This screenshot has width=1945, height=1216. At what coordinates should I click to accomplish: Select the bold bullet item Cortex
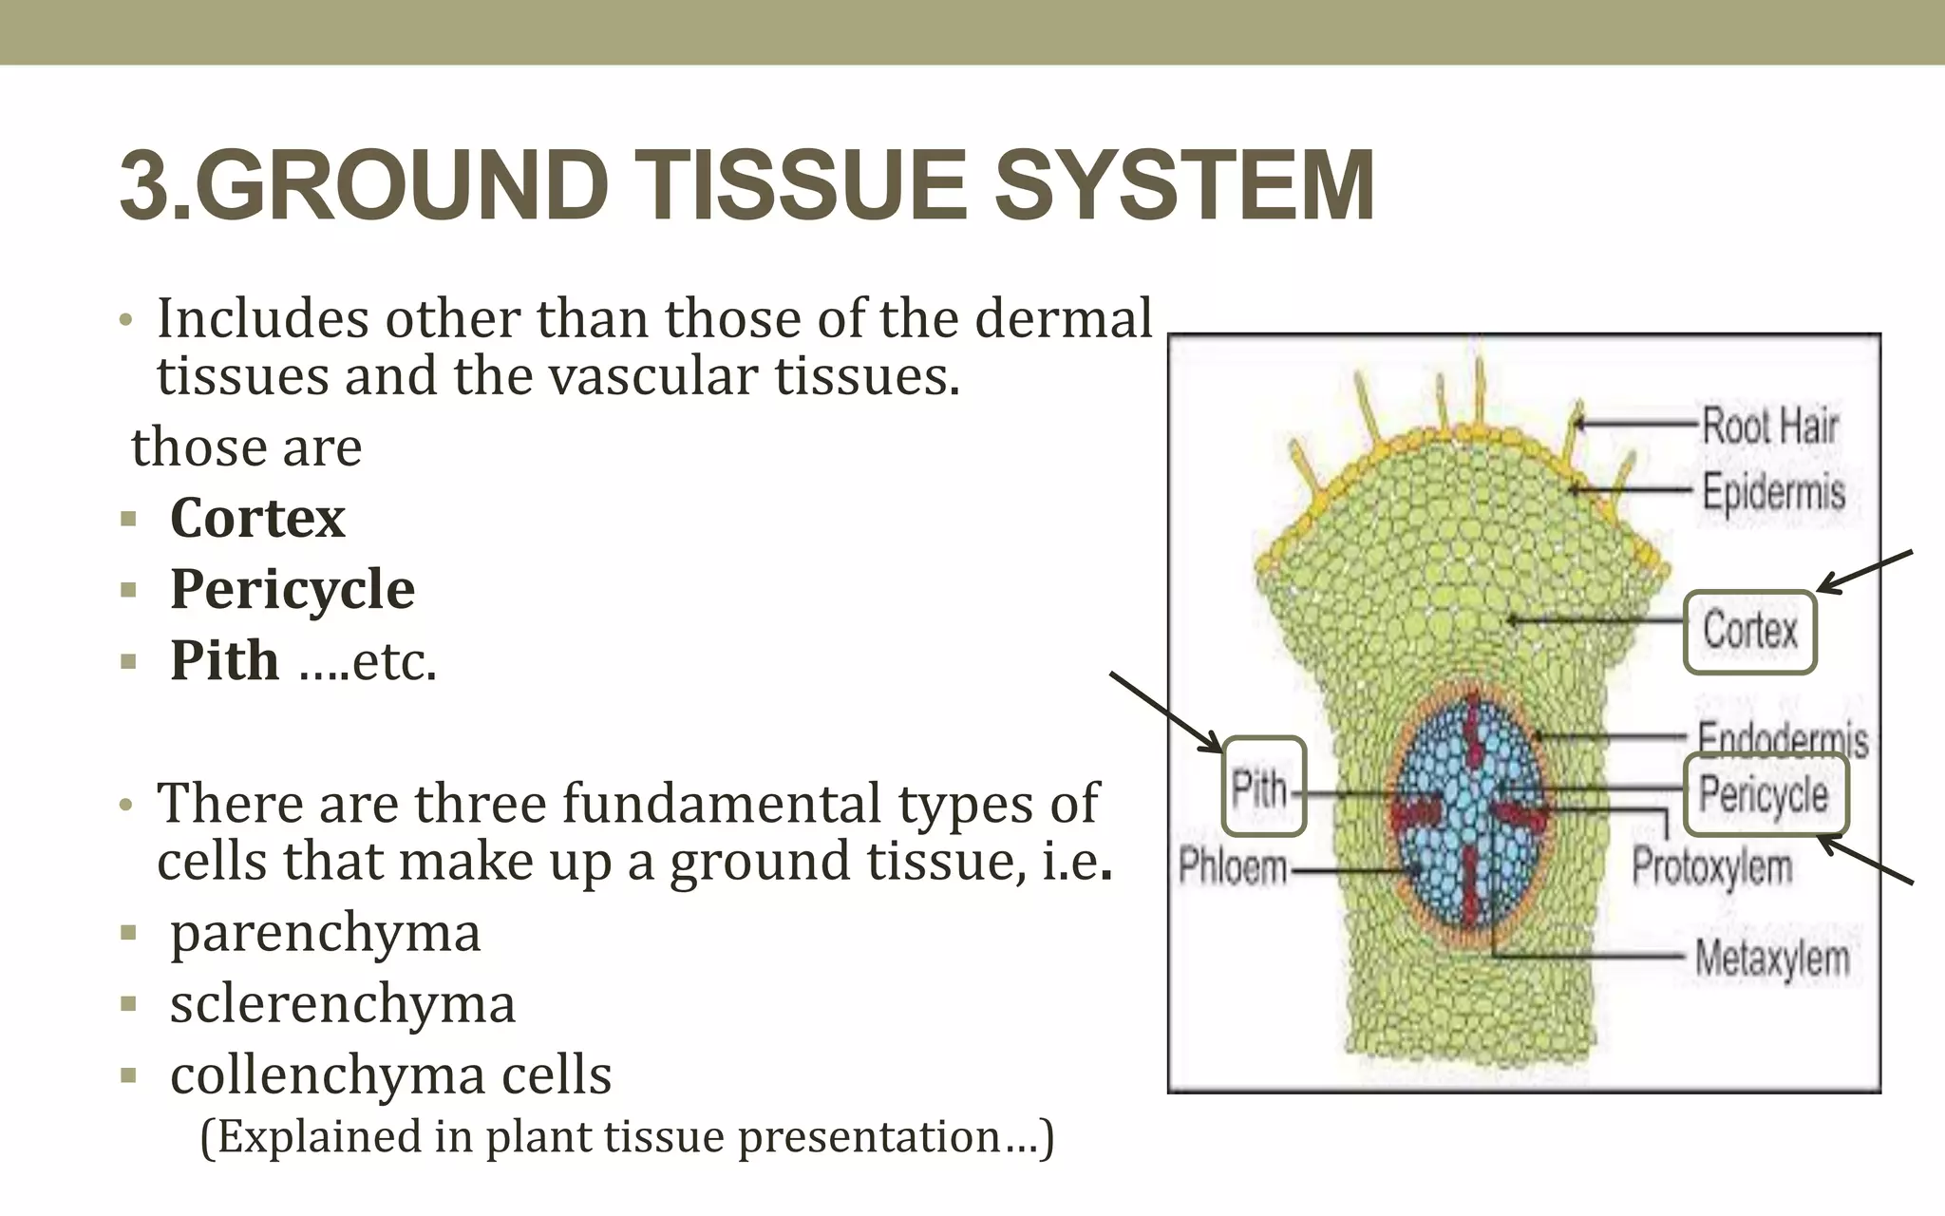click(x=257, y=519)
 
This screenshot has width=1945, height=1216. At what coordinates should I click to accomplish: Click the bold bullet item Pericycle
click(x=292, y=590)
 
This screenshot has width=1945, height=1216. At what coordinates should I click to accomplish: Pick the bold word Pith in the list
click(x=225, y=661)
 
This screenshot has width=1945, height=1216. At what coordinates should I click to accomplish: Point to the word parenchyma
click(x=325, y=933)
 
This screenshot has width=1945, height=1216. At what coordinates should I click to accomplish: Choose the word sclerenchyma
click(x=342, y=1004)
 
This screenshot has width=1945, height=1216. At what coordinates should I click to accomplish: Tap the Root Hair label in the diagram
click(x=1769, y=425)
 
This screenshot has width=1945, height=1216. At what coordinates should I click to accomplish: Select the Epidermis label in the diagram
click(x=1773, y=492)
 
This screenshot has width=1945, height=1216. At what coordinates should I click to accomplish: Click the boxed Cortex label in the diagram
click(x=1749, y=631)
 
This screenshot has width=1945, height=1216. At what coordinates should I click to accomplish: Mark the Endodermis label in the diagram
click(x=1783, y=738)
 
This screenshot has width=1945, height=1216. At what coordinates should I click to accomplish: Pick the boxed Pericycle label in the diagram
click(x=1764, y=794)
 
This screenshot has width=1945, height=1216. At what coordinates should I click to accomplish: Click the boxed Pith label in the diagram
click(x=1261, y=788)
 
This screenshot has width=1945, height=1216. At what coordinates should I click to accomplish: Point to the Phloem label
click(x=1232, y=867)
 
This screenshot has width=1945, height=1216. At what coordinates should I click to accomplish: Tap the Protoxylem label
click(x=1711, y=866)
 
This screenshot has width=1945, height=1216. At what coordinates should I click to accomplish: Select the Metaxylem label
click(x=1772, y=958)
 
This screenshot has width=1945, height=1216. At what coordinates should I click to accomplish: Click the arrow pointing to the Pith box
click(x=1166, y=712)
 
